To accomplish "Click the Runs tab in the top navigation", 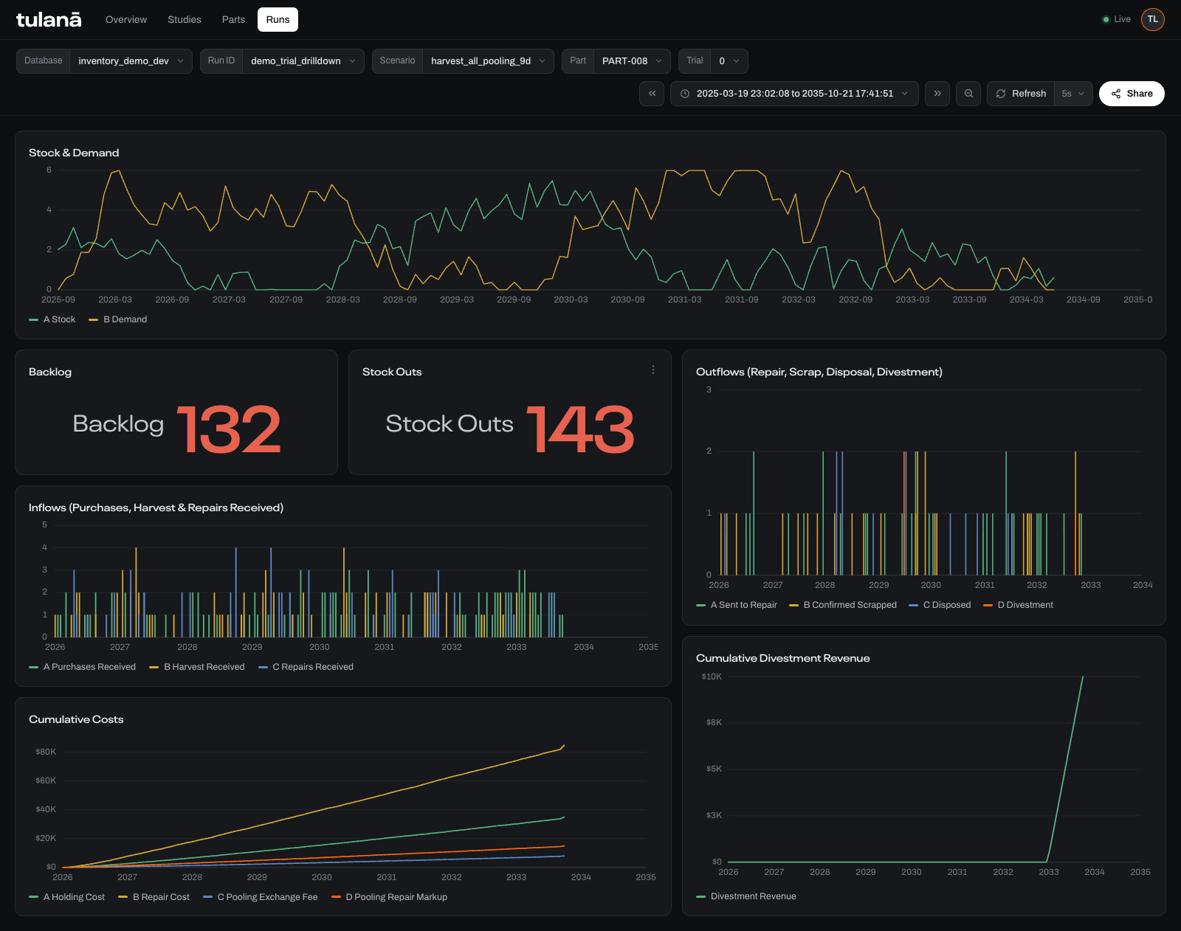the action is [x=278, y=20].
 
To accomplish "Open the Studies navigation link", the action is [x=185, y=20].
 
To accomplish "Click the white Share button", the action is [x=1132, y=94].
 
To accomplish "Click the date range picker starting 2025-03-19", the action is [x=794, y=94].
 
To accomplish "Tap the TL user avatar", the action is [x=1152, y=20].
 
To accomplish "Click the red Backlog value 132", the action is [x=228, y=429].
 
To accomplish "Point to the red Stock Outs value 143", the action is [x=580, y=429].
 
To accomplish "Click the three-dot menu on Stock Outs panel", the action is [x=653, y=370].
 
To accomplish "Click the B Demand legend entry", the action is [x=118, y=319].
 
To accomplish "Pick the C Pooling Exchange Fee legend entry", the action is [x=261, y=897].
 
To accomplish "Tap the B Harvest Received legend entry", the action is [x=197, y=667].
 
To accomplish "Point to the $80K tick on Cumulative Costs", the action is [x=46, y=752].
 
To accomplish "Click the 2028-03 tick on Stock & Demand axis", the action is [x=343, y=300].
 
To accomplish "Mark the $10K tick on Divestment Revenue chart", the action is [x=712, y=676].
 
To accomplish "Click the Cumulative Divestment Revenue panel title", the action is [x=782, y=658].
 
